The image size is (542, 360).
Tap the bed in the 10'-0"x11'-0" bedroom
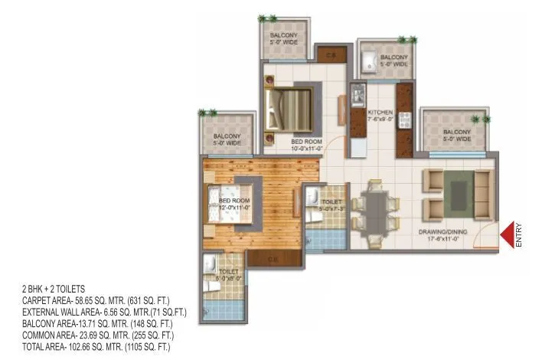point(289,108)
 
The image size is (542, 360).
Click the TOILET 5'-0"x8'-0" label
point(229,275)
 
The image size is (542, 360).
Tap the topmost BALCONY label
point(285,39)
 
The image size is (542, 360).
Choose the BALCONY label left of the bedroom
point(227,139)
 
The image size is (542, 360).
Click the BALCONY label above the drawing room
point(457,136)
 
